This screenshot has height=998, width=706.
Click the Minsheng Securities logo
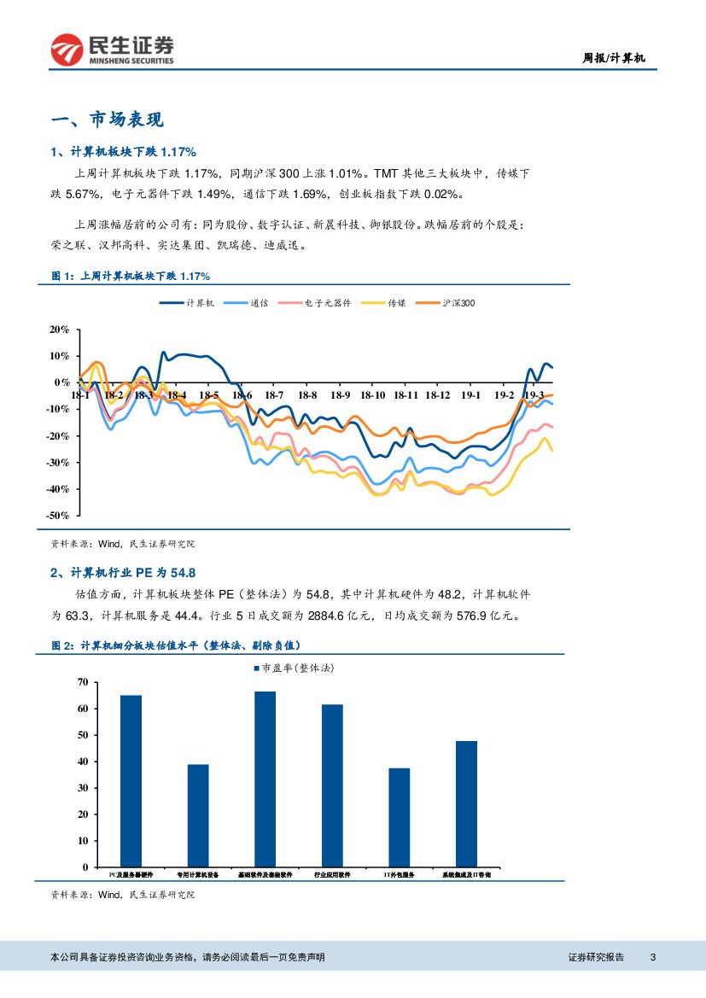pyautogui.click(x=112, y=50)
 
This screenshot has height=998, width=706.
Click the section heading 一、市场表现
pyautogui.click(x=108, y=120)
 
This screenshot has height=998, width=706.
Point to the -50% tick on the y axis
pyautogui.click(x=60, y=516)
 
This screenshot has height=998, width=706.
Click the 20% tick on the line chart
pyautogui.click(x=60, y=330)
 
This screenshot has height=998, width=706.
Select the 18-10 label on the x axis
pyautogui.click(x=373, y=396)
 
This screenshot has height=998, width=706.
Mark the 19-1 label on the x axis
pyautogui.click(x=471, y=396)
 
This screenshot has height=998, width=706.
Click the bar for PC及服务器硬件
pyautogui.click(x=131, y=780)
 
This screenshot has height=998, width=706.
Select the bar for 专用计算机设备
pyautogui.click(x=198, y=815)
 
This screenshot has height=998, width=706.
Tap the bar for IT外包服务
pyautogui.click(x=400, y=817)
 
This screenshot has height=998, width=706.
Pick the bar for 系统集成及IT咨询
pyautogui.click(x=466, y=803)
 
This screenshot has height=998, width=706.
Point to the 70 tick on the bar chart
pyautogui.click(x=83, y=682)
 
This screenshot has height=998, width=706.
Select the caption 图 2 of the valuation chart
pyautogui.click(x=176, y=646)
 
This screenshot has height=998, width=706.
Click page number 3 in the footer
pyautogui.click(x=652, y=957)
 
